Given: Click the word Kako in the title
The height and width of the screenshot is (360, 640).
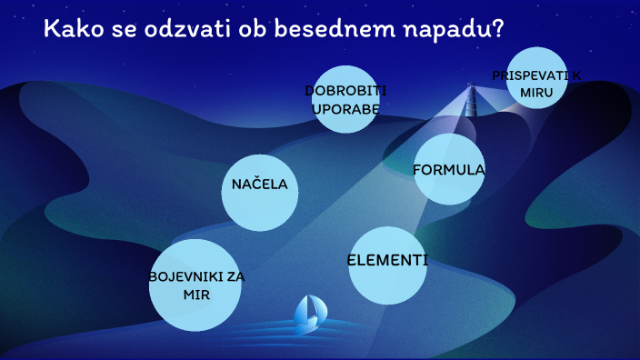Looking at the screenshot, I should pos(71,29).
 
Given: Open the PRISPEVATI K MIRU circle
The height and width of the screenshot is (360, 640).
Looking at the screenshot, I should pos(537,76).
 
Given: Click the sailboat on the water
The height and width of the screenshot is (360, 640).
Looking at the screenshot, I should pos(310,311).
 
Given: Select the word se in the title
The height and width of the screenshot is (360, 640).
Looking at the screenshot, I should pos(115,29).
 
